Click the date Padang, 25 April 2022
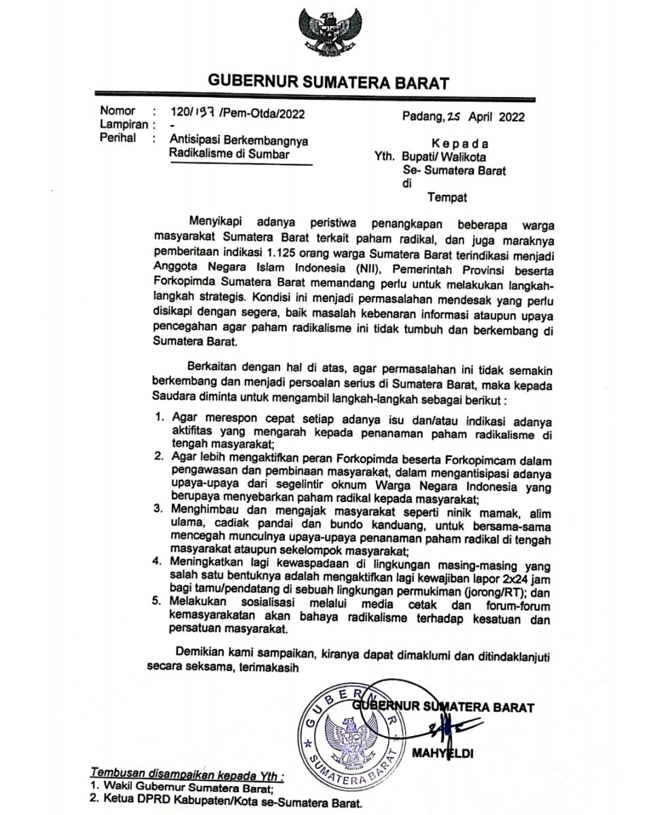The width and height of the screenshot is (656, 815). [x=464, y=115]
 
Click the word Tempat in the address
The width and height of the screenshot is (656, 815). [x=448, y=198]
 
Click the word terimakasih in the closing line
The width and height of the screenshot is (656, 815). [x=264, y=667]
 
